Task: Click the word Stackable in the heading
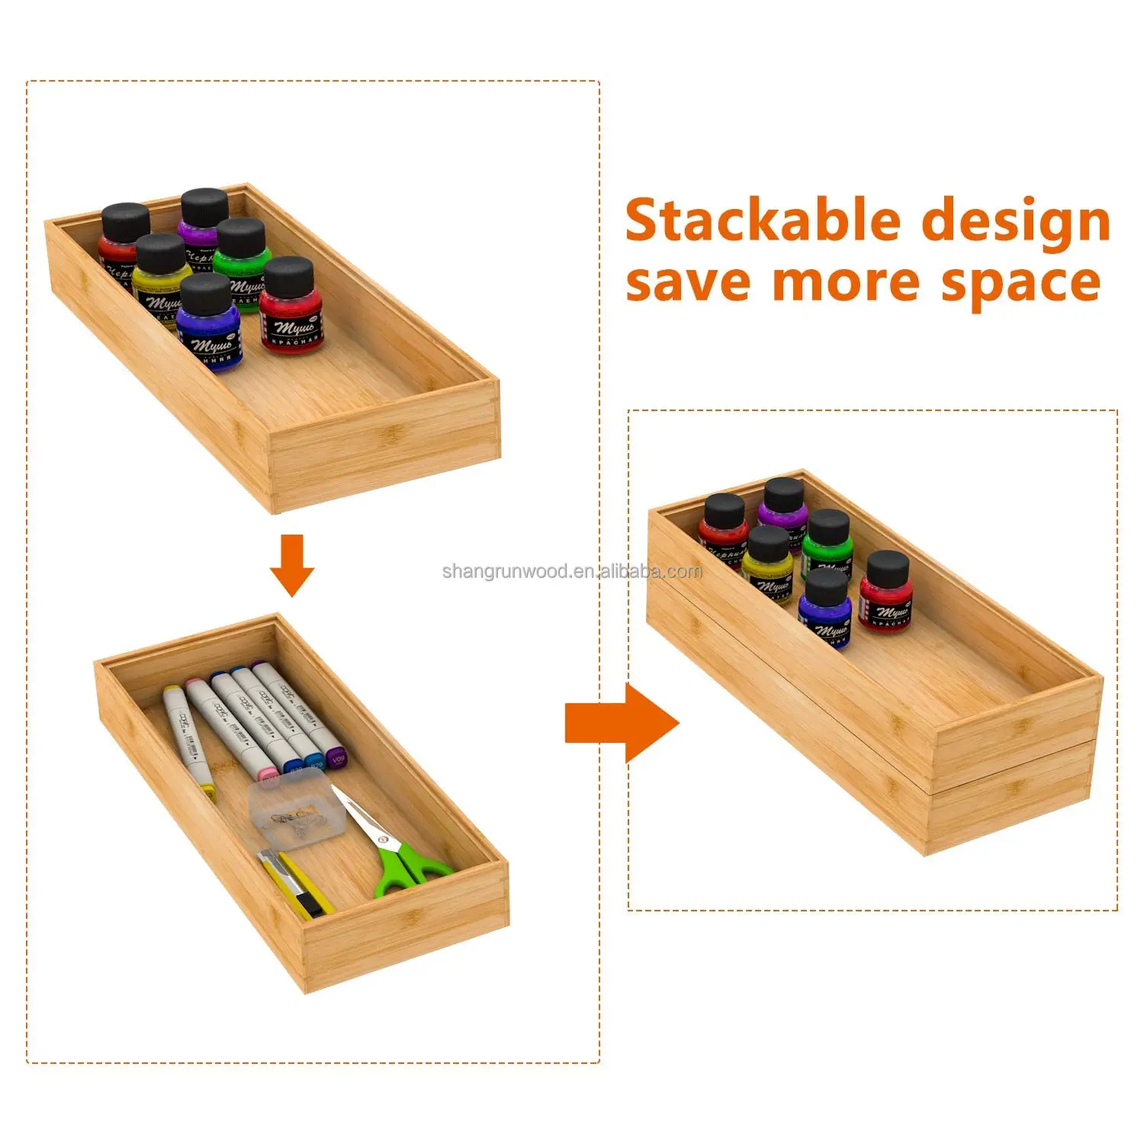[x=763, y=221]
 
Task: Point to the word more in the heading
[x=846, y=284]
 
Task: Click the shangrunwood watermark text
[x=572, y=571]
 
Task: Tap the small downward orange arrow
[x=291, y=565]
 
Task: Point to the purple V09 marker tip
[x=336, y=760]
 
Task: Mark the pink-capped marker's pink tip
[x=269, y=773]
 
